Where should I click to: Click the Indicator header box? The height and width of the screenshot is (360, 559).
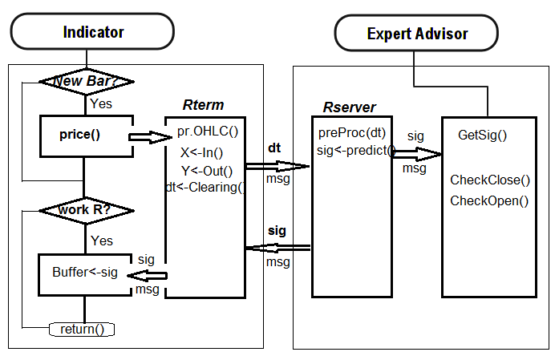tap(93, 32)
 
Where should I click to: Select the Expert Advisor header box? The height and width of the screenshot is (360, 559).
tap(417, 34)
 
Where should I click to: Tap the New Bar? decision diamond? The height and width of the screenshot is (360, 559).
tap(86, 82)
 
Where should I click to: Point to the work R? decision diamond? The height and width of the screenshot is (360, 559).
tap(86, 210)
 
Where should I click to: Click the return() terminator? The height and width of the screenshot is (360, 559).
tap(82, 329)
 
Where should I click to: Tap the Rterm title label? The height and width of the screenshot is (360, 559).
tap(203, 105)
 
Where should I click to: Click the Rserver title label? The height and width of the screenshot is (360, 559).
tap(349, 107)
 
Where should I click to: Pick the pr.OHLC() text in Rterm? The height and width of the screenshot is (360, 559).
tap(209, 130)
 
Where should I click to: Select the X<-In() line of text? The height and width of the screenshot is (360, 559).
tap(201, 152)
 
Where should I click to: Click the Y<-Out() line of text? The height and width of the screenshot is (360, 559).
tap(206, 170)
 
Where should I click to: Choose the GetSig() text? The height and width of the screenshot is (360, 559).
tap(482, 135)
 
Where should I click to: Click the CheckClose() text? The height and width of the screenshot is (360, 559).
tap(490, 180)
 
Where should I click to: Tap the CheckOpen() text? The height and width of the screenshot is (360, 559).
tap(489, 200)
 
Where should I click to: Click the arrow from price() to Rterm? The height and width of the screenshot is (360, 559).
tap(150, 138)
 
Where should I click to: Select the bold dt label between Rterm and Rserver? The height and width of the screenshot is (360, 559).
tap(274, 148)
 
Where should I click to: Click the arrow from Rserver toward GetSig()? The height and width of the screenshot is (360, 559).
tap(417, 153)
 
